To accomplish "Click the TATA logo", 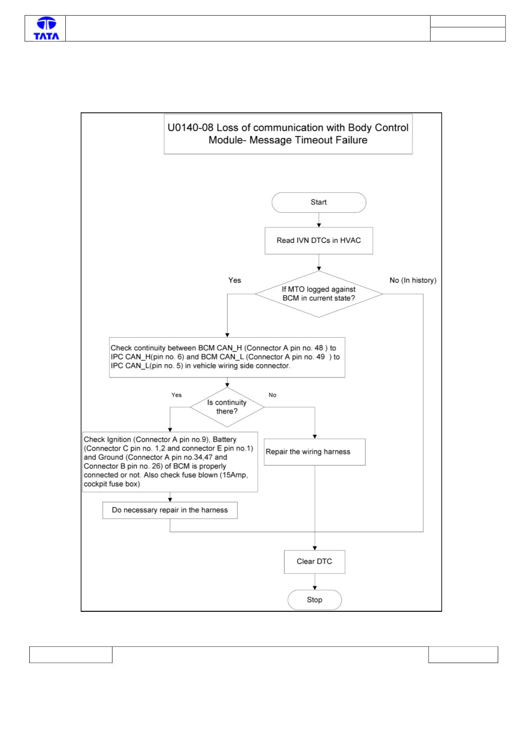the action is (x=46, y=28).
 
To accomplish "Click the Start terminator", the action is (x=319, y=202).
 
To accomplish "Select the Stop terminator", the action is (x=314, y=600).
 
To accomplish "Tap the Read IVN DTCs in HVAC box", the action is (x=319, y=240).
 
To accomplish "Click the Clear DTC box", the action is (x=314, y=561).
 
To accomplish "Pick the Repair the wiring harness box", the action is (x=314, y=452).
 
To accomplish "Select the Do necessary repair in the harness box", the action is (x=170, y=510).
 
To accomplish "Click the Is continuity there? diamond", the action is (x=227, y=407).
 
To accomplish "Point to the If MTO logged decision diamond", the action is (x=319, y=294).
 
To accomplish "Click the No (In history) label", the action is (x=412, y=280).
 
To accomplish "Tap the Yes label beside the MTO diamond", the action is (x=234, y=280).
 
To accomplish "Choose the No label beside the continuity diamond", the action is (x=272, y=395).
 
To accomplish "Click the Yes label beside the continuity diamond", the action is (x=176, y=395).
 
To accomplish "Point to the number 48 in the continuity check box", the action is (x=319, y=348).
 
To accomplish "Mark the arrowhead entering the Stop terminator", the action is (x=315, y=588).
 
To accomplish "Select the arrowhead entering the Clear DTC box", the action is (x=315, y=548).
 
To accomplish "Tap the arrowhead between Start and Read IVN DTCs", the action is (x=319, y=225).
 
